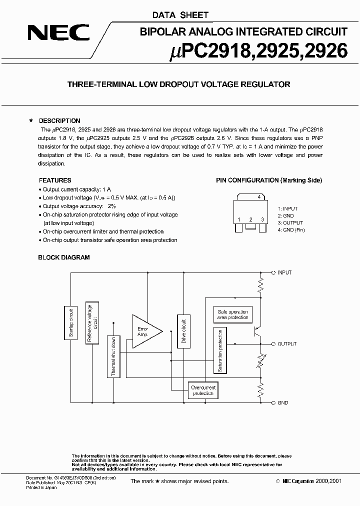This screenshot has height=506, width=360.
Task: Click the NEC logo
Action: click(x=58, y=33)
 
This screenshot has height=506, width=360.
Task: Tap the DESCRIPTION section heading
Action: click(x=59, y=121)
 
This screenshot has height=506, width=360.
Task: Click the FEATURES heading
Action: click(x=55, y=180)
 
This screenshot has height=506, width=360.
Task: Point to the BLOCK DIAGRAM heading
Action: click(x=64, y=257)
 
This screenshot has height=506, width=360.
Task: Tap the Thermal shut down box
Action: click(x=113, y=356)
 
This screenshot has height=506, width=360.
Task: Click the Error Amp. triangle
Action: click(x=145, y=331)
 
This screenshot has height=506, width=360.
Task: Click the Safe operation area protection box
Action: click(x=232, y=314)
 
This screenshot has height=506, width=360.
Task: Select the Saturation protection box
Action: click(x=220, y=350)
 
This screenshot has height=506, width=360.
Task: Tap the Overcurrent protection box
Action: click(x=203, y=390)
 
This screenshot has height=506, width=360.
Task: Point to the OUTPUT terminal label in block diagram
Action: click(x=287, y=344)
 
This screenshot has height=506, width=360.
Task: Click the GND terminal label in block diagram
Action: click(x=283, y=402)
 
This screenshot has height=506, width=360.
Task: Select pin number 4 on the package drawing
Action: click(x=258, y=197)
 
